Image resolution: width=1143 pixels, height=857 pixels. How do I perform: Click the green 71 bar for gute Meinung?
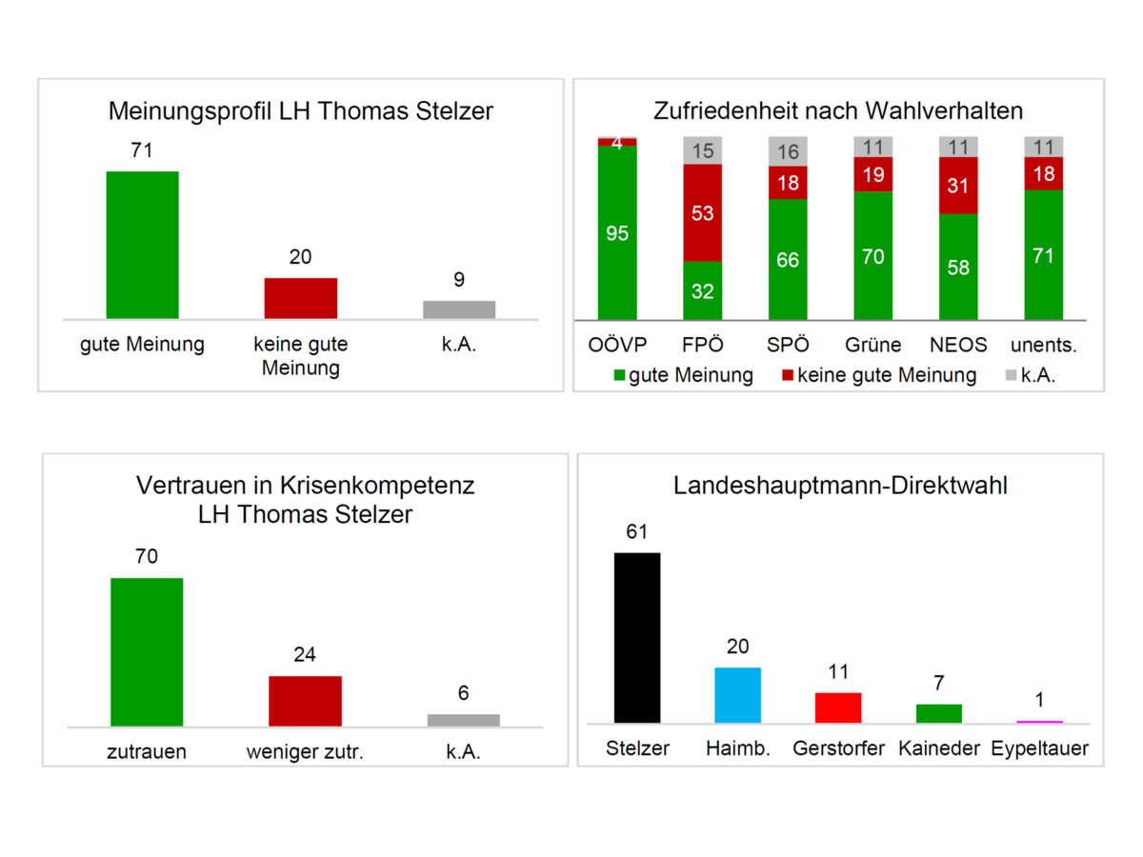(x=142, y=245)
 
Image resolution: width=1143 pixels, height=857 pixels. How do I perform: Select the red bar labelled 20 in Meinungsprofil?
(x=300, y=298)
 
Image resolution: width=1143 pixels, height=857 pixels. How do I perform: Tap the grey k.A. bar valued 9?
(x=459, y=309)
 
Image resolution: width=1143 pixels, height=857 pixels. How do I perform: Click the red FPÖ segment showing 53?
(x=703, y=213)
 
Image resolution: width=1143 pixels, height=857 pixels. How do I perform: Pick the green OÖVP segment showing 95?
(x=617, y=233)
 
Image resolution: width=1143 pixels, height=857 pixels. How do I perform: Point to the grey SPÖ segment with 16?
(x=788, y=151)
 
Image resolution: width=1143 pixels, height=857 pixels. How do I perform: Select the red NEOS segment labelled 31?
(x=958, y=186)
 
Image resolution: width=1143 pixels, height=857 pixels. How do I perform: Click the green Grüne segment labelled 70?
(x=872, y=256)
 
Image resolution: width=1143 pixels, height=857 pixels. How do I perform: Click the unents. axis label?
(x=1043, y=345)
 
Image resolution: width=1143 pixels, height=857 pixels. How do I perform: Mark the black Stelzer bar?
(x=637, y=637)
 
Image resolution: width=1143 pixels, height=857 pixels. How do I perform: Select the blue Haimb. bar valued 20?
(x=738, y=695)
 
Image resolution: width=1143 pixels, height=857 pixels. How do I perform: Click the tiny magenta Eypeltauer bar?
(x=1039, y=722)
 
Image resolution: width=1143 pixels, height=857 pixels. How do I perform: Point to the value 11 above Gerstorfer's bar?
(x=838, y=672)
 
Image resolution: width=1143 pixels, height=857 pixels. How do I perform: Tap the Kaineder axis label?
(x=939, y=748)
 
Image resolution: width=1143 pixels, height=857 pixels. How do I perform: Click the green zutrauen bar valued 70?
(x=147, y=651)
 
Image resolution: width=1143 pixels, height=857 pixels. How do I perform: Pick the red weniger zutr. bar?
(x=305, y=701)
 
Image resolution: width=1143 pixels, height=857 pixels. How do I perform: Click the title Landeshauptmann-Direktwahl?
(x=840, y=486)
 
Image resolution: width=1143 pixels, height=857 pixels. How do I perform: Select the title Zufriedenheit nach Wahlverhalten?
(x=838, y=110)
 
